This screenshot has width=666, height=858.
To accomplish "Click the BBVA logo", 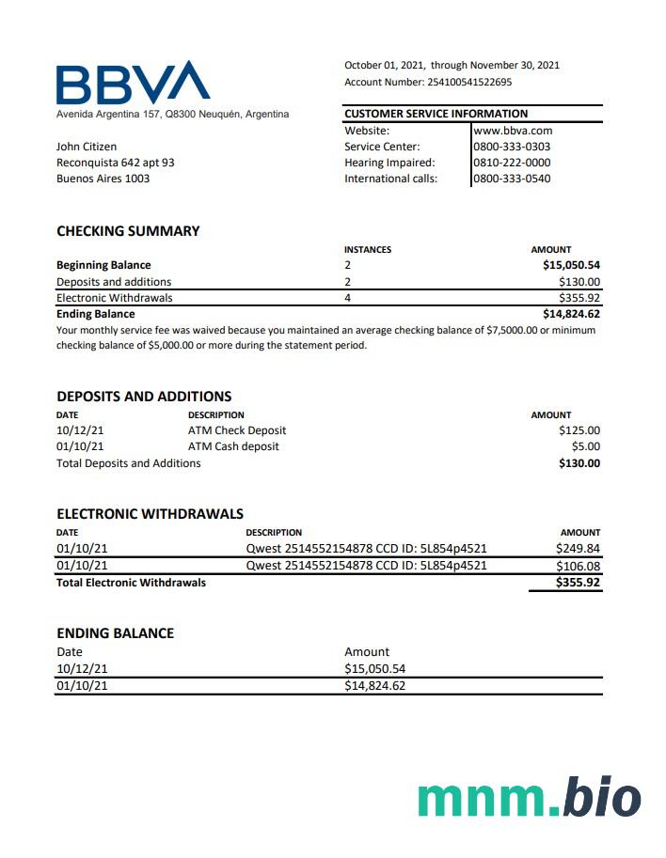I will coord(133,83).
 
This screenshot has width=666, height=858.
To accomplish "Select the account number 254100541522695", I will coord(469,82).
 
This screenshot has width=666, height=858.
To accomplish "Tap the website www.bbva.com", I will coord(513,131).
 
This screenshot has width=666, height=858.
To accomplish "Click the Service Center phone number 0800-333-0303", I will coord(512,147).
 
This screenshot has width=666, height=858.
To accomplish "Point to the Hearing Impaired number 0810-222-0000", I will coord(512,163).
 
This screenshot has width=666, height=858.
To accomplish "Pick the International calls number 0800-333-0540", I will coord(512,179).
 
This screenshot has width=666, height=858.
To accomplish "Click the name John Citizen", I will coord(87,147).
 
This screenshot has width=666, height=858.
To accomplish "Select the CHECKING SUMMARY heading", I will coord(128,231).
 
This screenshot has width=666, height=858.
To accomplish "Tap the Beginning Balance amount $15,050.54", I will coord(571,265).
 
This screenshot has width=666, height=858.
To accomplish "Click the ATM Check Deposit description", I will coord(237,430).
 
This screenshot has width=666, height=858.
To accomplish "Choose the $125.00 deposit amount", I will coord(579,430).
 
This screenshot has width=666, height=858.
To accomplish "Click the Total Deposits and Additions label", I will coord(128,463).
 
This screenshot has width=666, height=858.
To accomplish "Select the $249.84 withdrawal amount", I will coord(578,549).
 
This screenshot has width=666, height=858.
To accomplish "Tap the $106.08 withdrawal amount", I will coord(578,566).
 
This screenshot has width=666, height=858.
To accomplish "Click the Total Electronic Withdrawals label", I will coord(131,583).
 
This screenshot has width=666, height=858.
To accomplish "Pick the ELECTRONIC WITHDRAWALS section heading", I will coord(150,514).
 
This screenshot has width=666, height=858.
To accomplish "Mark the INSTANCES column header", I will coord(368,250).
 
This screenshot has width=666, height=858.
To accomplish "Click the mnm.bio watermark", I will coord(529,798).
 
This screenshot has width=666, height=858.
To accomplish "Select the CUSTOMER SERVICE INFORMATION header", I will coord(436,114).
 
